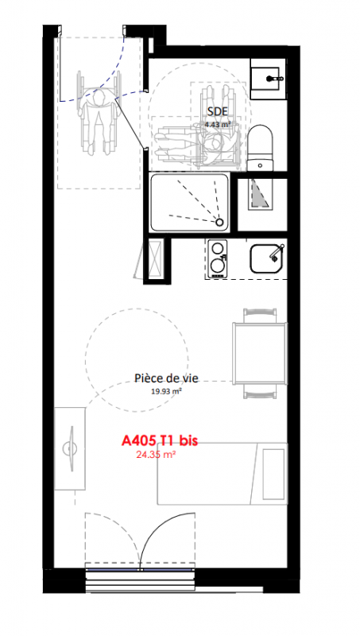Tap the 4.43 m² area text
[x=218, y=125]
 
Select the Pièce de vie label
[x=166, y=378]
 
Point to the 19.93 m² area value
[x=166, y=391]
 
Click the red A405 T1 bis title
[x=160, y=440]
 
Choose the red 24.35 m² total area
[x=156, y=455]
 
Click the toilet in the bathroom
[x=261, y=147]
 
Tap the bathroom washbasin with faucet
[x=269, y=79]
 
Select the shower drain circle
[x=219, y=222]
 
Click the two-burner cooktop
[x=218, y=258]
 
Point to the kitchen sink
[x=265, y=258]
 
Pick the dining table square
[x=260, y=353]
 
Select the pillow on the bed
[x=273, y=474]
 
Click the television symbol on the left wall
[x=70, y=449]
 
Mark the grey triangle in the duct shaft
[x=259, y=193]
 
